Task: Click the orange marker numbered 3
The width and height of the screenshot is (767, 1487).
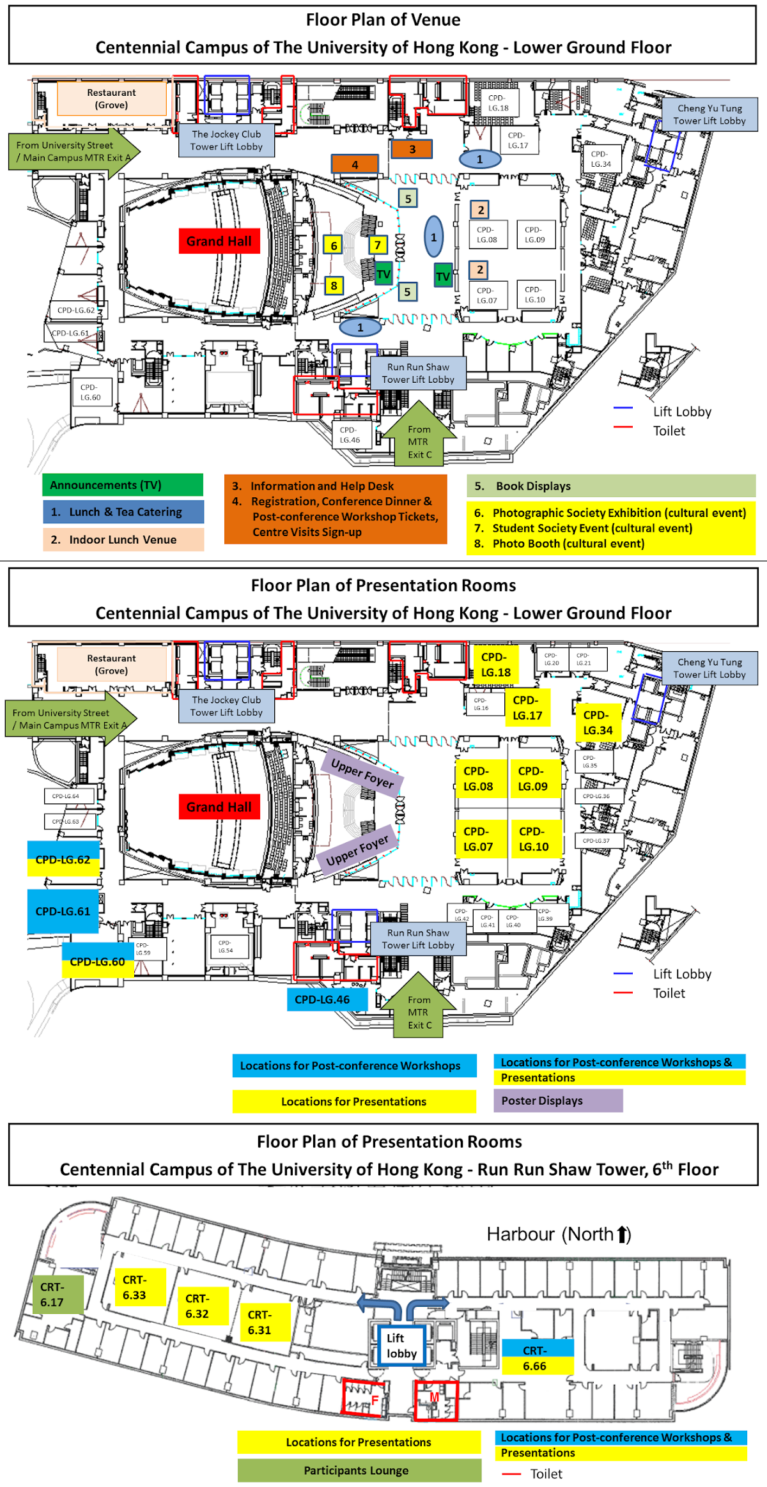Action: (x=412, y=150)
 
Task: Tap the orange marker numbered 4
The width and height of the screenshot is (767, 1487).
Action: (x=355, y=164)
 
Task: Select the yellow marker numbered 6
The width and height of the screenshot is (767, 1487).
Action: (x=333, y=245)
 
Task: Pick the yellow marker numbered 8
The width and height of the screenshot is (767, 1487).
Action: (x=334, y=286)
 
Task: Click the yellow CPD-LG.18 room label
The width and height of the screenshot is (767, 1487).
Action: (x=496, y=665)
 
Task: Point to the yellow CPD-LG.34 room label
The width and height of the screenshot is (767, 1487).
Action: (x=598, y=723)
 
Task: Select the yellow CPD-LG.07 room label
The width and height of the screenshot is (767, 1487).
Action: (x=478, y=839)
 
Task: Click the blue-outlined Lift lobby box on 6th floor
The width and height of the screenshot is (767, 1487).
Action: (x=401, y=1345)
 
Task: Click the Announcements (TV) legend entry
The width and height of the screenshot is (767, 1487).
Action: (x=123, y=485)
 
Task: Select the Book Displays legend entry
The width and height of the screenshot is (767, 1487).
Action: (x=610, y=486)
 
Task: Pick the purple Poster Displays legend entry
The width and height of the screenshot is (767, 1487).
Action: (x=557, y=1100)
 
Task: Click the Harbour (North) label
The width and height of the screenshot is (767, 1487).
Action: (x=559, y=1234)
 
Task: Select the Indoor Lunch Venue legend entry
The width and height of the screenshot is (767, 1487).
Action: (x=123, y=539)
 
